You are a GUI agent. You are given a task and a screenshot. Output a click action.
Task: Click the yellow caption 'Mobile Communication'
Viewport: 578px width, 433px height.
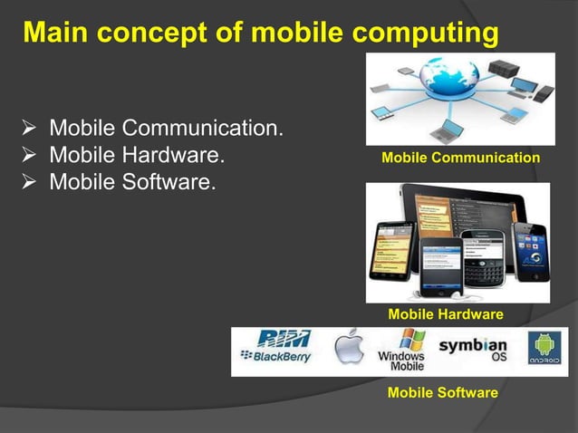coord(460,159)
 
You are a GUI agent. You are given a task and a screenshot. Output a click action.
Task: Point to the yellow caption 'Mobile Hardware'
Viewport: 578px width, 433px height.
coord(445,314)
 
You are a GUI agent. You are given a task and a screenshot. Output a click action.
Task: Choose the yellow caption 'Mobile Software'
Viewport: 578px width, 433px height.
coord(442,392)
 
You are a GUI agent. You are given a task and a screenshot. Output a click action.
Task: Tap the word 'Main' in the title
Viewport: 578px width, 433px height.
coord(56,34)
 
